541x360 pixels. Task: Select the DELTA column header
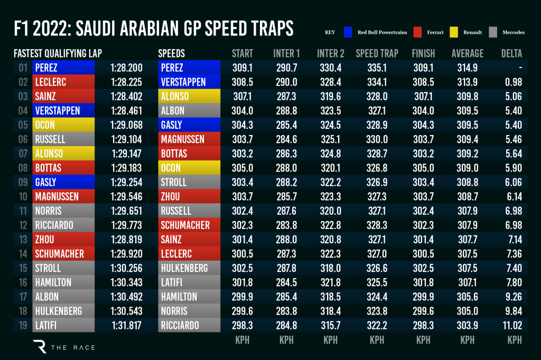[x=511, y=53]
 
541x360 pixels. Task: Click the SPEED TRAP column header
[x=377, y=53]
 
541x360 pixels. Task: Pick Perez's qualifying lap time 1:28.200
[x=126, y=68]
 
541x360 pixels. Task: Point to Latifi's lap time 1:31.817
[x=126, y=325]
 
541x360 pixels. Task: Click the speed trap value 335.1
[x=377, y=68]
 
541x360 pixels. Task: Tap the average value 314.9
[x=468, y=68]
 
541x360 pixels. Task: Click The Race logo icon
[x=40, y=346]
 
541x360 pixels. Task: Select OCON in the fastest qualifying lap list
[x=45, y=125]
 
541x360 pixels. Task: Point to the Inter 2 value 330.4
[x=330, y=68]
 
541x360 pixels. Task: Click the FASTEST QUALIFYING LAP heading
[x=58, y=53]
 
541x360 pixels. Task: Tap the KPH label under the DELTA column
[x=514, y=340]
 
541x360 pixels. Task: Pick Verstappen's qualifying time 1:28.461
[x=126, y=111]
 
